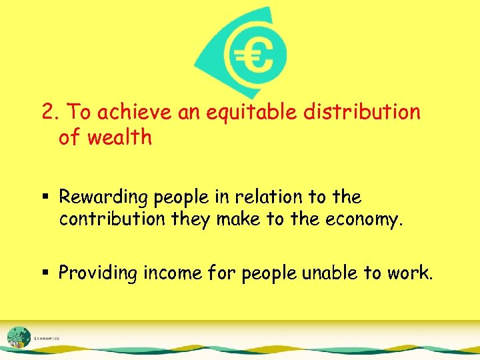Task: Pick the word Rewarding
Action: click(x=103, y=198)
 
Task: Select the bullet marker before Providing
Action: click(x=46, y=273)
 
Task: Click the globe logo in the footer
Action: click(x=18, y=337)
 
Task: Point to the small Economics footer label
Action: click(x=47, y=338)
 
